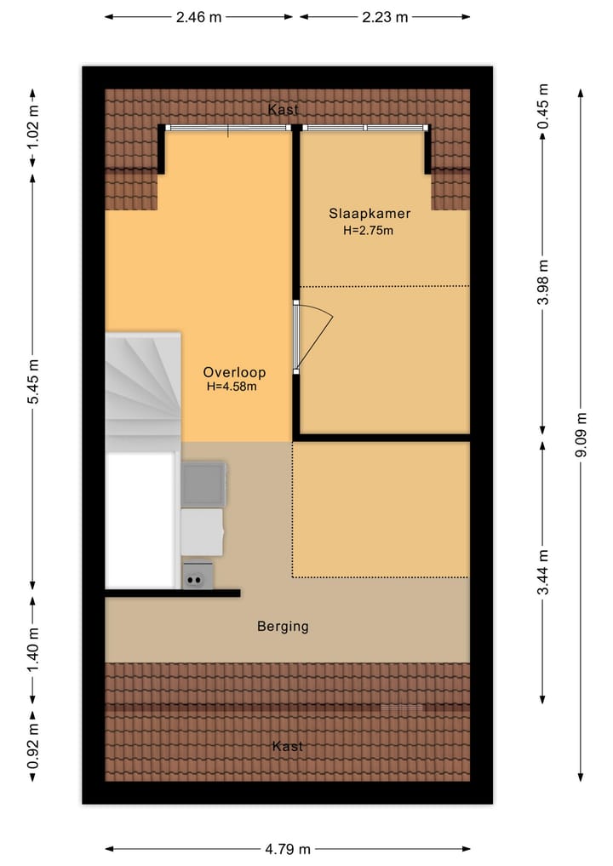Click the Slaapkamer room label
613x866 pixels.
pyautogui.click(x=370, y=214)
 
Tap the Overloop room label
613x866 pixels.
pyautogui.click(x=234, y=372)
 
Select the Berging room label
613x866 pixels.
pyautogui.click(x=283, y=627)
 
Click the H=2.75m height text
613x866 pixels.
pyautogui.click(x=367, y=230)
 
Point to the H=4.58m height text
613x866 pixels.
pyautogui.click(x=232, y=387)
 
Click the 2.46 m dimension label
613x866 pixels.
pyautogui.click(x=199, y=16)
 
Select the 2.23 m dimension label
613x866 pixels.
pyautogui.click(x=385, y=16)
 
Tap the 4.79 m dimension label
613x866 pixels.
pyautogui.click(x=287, y=849)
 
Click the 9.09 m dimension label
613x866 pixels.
pyautogui.click(x=581, y=434)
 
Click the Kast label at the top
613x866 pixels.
pyautogui.click(x=283, y=110)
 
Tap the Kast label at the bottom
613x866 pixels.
pyautogui.click(x=287, y=747)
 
